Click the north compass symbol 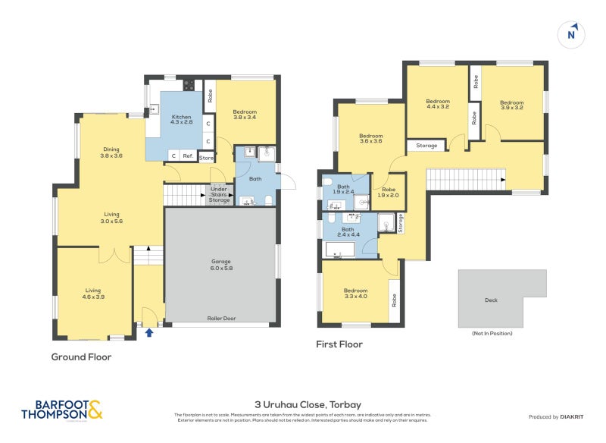coord(572,34)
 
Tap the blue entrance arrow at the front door coord(148,331)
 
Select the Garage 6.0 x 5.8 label coord(220,265)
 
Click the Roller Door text coord(220,319)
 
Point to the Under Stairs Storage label coord(220,195)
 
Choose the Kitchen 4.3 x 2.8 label coord(181,119)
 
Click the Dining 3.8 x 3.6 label coord(111,152)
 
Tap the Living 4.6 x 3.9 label coord(93,293)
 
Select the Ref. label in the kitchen coord(187,156)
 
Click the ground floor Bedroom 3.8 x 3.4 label coord(244,115)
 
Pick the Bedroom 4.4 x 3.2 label coord(438,104)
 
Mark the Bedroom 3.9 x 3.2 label coord(511,105)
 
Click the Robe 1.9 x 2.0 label coord(389,193)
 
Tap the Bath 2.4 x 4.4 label coord(348,232)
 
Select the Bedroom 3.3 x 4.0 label coord(355,294)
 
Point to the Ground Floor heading coord(81,357)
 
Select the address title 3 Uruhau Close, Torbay coord(302,405)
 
